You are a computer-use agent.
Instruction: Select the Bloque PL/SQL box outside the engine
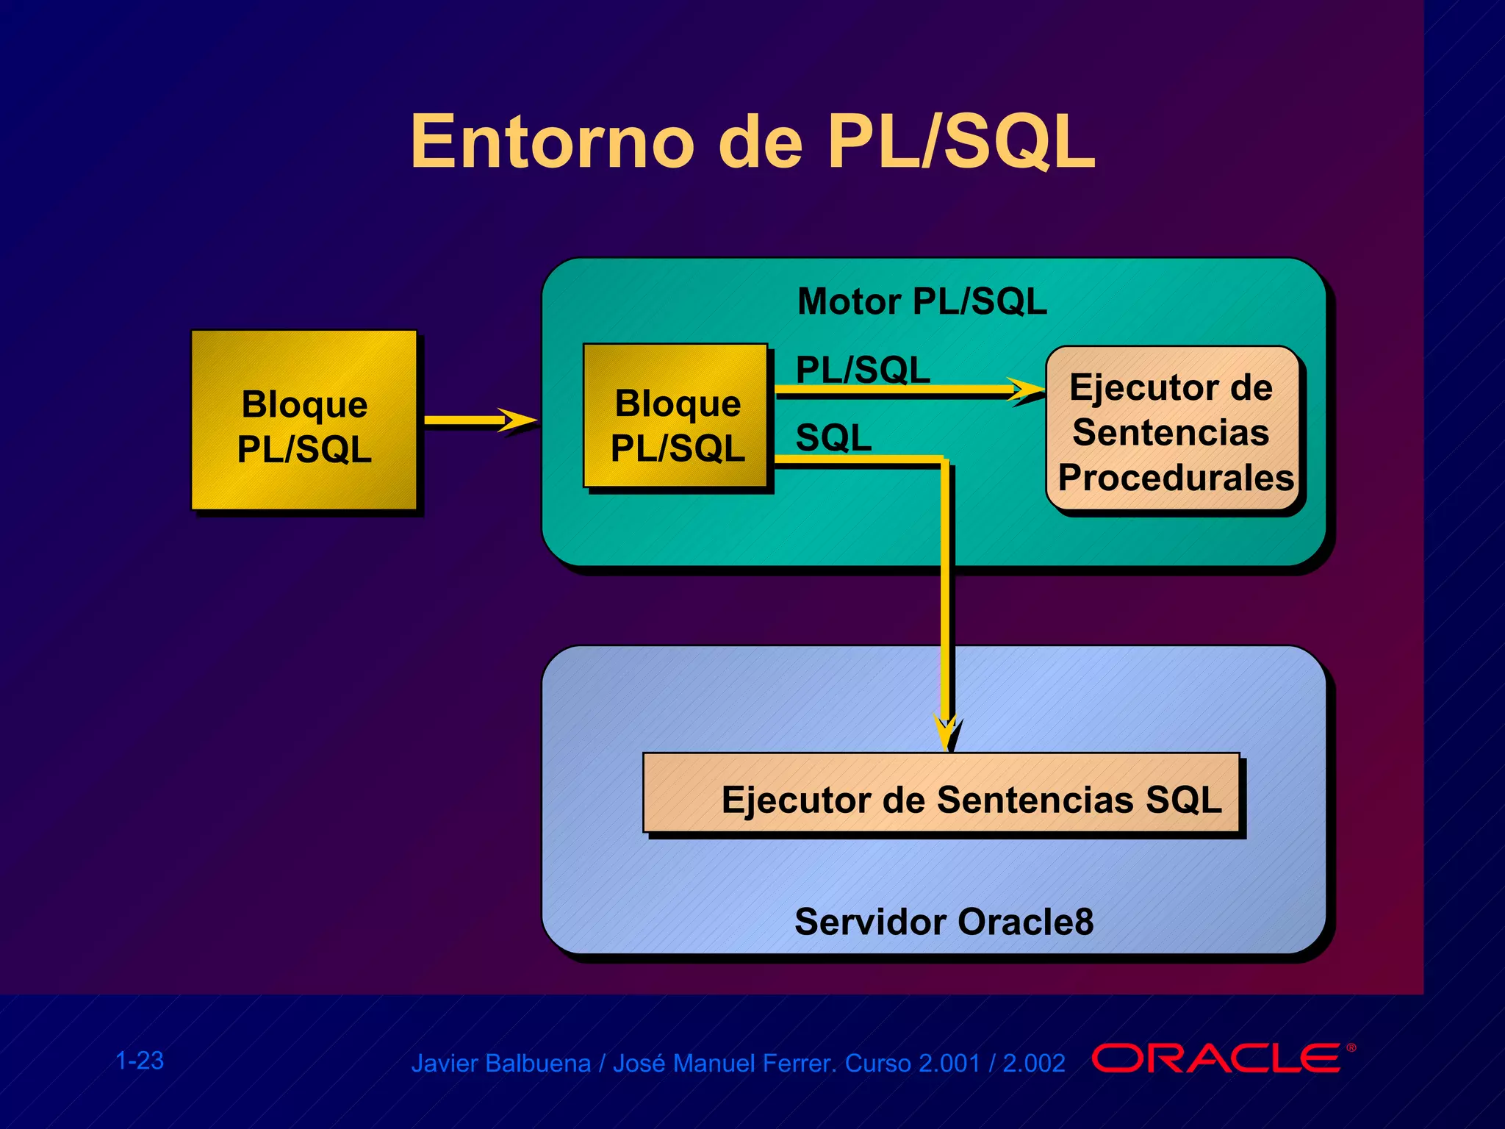tap(303, 420)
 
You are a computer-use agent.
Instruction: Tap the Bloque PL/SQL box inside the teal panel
tap(676, 417)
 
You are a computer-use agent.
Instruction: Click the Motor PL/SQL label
tap(922, 301)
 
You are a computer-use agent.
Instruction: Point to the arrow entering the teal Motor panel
tap(481, 421)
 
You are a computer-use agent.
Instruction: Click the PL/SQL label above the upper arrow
tap(863, 369)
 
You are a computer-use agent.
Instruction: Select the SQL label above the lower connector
tap(833, 437)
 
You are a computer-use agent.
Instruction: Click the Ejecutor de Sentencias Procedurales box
tap(1174, 430)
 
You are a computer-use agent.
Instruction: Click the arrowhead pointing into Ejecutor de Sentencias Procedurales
tap(1027, 390)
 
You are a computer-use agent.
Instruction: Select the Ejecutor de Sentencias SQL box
tap(941, 794)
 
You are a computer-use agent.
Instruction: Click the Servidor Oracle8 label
tap(944, 922)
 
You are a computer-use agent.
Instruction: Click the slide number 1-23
tap(140, 1061)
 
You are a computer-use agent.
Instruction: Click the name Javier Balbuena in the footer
tap(500, 1064)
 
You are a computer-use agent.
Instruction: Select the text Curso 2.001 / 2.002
tap(955, 1064)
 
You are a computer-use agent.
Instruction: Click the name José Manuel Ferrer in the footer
tap(724, 1064)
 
